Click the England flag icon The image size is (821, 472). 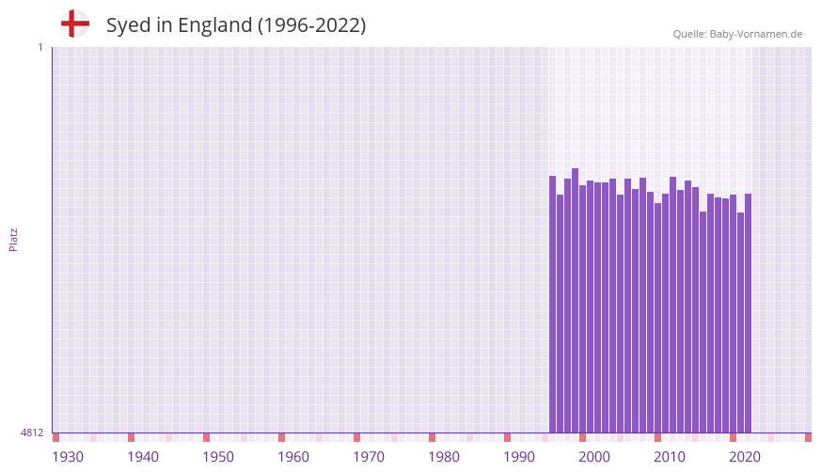pyautogui.click(x=74, y=24)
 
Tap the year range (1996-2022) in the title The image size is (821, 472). pyautogui.click(x=311, y=25)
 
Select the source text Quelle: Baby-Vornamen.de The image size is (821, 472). pyautogui.click(x=737, y=34)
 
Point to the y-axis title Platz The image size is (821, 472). pyautogui.click(x=13, y=239)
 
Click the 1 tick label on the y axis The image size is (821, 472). pyautogui.click(x=39, y=47)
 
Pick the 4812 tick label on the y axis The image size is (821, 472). pyautogui.click(x=32, y=433)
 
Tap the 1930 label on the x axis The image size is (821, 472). pyautogui.click(x=68, y=457)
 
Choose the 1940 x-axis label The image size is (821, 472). pyautogui.click(x=143, y=457)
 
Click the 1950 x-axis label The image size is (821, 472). pyautogui.click(x=218, y=457)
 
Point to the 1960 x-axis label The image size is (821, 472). pyautogui.click(x=293, y=457)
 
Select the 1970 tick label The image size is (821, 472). pyautogui.click(x=369, y=457)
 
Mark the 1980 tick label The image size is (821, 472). pyautogui.click(x=444, y=457)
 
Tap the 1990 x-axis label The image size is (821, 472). pyautogui.click(x=519, y=457)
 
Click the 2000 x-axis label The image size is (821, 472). pyautogui.click(x=594, y=457)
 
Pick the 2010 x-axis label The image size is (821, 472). pyautogui.click(x=670, y=457)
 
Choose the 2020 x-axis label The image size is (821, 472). pyautogui.click(x=745, y=457)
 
